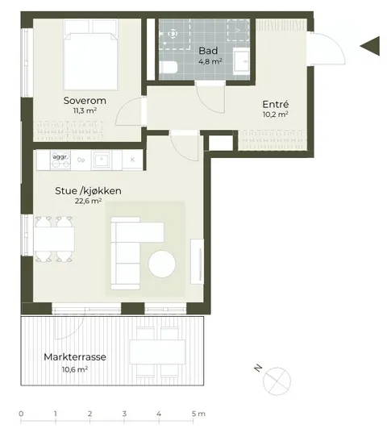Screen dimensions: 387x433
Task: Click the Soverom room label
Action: [85, 101]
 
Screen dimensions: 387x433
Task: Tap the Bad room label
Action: [208, 51]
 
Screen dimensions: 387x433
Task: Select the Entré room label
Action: [276, 104]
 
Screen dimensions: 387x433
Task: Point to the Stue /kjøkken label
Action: [88, 191]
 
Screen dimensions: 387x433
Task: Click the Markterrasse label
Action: [75, 356]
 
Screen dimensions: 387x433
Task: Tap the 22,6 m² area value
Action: [88, 201]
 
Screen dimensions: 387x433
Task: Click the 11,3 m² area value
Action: [85, 110]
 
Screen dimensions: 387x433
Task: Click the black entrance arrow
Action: [370, 46]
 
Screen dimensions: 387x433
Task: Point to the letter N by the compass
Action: [258, 368]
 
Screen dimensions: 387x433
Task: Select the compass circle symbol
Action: [277, 381]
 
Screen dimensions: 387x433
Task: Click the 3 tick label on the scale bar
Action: [124, 414]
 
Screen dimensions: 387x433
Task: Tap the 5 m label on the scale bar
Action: [198, 414]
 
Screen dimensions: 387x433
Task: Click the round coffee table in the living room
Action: [162, 264]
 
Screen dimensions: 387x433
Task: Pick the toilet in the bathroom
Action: [169, 67]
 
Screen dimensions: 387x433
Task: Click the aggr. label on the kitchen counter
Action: [60, 157]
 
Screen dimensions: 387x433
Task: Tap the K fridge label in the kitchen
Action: [132, 160]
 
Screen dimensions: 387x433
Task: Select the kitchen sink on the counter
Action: [102, 160]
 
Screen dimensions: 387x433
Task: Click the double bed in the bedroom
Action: [90, 55]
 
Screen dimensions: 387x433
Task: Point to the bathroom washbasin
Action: [241, 61]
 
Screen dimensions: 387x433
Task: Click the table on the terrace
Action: [157, 352]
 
